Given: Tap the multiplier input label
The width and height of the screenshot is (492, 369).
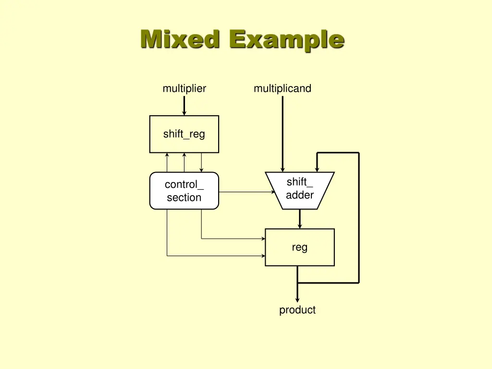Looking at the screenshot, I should tap(184, 88).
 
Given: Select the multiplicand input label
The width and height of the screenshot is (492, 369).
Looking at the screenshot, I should tap(283, 88).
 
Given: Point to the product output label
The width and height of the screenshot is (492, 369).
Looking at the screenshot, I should tap(297, 310).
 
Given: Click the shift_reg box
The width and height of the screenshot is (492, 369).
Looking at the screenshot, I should tap(184, 134).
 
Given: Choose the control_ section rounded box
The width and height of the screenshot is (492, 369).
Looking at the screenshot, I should tap(184, 191).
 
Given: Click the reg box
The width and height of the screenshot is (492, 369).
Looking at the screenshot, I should tap(300, 247).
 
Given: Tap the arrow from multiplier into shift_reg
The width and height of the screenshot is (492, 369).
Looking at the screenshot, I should tap(184, 106).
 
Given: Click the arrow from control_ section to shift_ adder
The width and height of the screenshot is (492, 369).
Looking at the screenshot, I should tap(245, 192).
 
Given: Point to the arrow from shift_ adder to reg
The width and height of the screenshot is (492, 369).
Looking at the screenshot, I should tap(300, 219).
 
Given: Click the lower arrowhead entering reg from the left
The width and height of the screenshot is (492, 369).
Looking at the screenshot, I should tap(263, 256).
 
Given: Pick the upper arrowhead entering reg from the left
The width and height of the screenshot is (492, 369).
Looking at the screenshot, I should tap(263, 238).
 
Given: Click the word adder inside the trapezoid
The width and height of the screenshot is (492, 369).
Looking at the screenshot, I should tap(300, 195).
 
